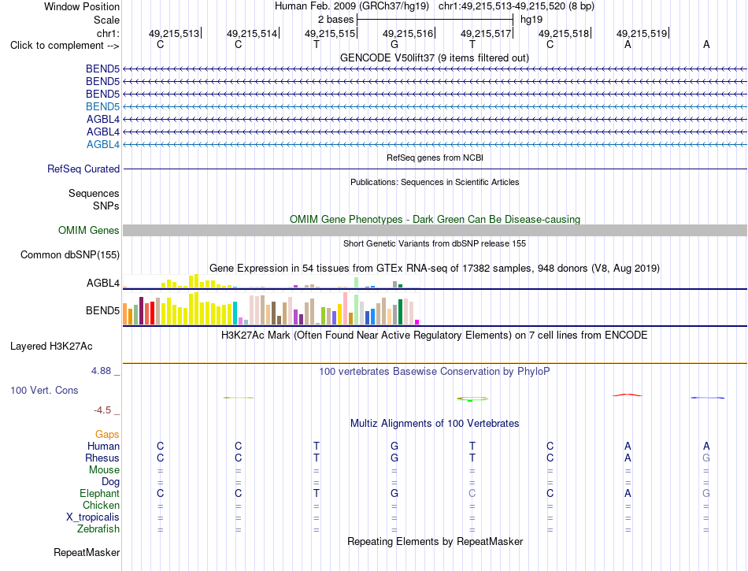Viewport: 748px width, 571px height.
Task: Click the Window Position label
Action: pyautogui.click(x=82, y=6)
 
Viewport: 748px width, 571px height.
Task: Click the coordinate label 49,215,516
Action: pyautogui.click(x=408, y=33)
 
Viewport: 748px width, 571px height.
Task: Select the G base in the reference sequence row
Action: pyautogui.click(x=394, y=44)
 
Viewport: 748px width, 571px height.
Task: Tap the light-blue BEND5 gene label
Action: pyautogui.click(x=102, y=106)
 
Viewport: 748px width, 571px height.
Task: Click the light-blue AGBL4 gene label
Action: pyautogui.click(x=103, y=145)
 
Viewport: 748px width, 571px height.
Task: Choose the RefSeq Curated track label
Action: pyautogui.click(x=83, y=169)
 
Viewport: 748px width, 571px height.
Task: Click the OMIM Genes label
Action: pyautogui.click(x=89, y=231)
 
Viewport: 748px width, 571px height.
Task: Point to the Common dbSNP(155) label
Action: pyautogui.click(x=70, y=254)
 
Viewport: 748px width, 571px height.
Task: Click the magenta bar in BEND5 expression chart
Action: pyautogui.click(x=417, y=322)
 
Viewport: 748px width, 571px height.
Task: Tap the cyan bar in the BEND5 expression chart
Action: pyautogui.click(x=235, y=313)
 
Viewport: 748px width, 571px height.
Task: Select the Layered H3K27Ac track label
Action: pyautogui.click(x=51, y=347)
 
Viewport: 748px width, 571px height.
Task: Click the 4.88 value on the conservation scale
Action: pyautogui.click(x=101, y=371)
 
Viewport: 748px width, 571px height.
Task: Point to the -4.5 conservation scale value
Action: pyautogui.click(x=102, y=410)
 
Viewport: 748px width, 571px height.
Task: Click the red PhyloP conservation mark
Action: pyautogui.click(x=628, y=395)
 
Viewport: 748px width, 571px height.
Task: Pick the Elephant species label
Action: pyautogui.click(x=99, y=493)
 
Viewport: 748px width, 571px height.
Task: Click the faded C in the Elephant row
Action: pyautogui.click(x=472, y=493)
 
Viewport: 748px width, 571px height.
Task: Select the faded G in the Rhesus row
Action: pyautogui.click(x=706, y=458)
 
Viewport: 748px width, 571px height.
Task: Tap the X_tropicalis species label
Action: pyautogui.click(x=93, y=517)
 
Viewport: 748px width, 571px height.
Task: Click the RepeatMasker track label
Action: pyautogui.click(x=87, y=552)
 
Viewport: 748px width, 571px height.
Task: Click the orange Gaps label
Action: pyautogui.click(x=107, y=434)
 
